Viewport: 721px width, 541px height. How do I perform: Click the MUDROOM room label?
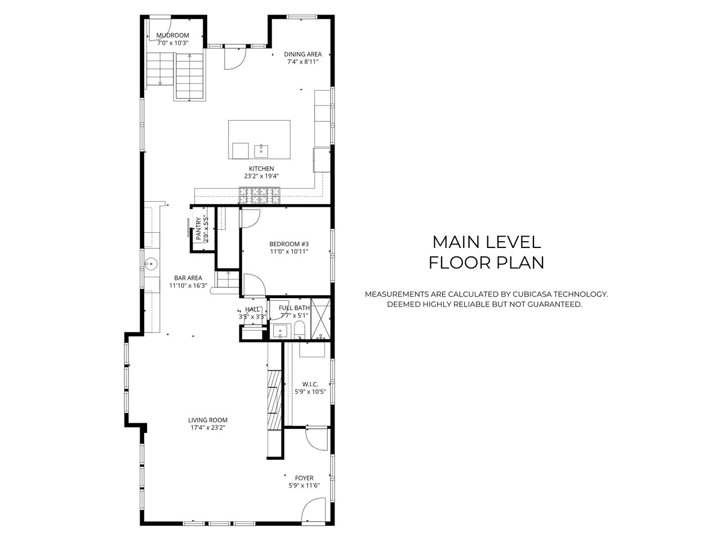coord(173,35)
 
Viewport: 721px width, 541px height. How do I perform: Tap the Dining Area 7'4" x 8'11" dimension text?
coord(303,62)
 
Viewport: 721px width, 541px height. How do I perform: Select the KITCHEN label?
coord(261,168)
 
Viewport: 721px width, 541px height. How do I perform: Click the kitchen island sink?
coord(261,152)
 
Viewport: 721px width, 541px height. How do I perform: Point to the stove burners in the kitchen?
coord(260,196)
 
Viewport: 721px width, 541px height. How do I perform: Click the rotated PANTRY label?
coord(198,228)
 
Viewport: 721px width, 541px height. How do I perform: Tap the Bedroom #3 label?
coord(289,244)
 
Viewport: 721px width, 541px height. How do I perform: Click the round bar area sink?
coord(151,263)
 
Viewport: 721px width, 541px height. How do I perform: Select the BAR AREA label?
coord(188,278)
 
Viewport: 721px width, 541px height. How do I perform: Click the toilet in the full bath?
coord(299,330)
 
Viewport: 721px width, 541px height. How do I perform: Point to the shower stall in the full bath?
coord(321,318)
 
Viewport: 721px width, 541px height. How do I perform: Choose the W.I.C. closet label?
coord(310,384)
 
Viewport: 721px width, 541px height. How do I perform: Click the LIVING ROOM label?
coord(208,420)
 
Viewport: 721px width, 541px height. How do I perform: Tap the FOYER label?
coord(304,478)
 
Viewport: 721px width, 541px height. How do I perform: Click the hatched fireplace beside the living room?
coord(275,400)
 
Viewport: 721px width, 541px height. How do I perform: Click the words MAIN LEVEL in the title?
coord(487,242)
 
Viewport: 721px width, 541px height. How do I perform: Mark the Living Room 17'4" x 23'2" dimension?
coord(208,428)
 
